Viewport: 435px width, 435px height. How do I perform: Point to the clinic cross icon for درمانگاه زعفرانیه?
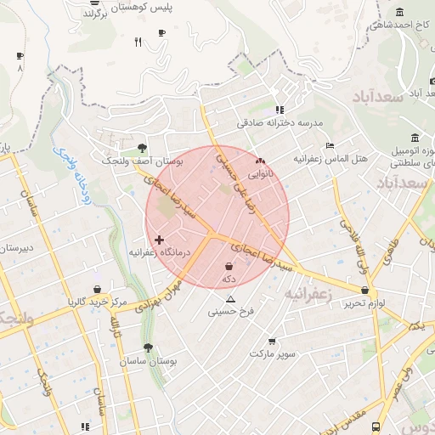(159, 240)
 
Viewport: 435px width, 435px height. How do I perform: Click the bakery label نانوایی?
(261, 172)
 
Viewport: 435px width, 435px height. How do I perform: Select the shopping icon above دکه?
(229, 267)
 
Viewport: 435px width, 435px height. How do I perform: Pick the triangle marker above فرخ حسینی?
(230, 300)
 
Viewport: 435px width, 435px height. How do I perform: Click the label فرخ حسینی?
(230, 313)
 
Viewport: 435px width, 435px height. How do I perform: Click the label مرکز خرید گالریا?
(97, 302)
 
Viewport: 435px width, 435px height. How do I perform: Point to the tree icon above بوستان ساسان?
(148, 348)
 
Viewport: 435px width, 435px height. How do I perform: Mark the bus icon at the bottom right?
(376, 427)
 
